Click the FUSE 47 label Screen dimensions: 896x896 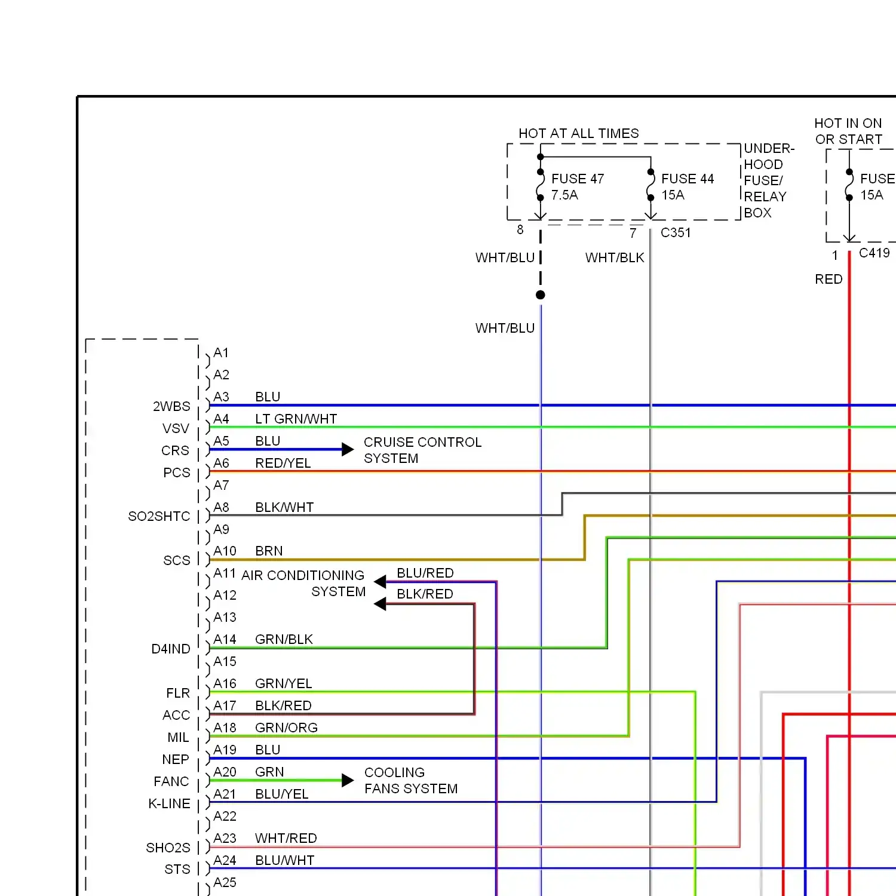pos(578,179)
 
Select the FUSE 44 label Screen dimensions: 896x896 pos(688,179)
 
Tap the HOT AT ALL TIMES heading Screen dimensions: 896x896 pos(579,133)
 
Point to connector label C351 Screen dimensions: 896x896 pos(676,232)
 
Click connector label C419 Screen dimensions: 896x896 pos(874,253)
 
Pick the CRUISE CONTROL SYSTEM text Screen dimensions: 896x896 pos(423,450)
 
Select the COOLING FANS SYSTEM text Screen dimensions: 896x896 pos(411,780)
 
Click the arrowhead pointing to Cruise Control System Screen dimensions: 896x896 pos(348,449)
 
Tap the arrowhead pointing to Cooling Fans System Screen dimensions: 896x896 pos(348,780)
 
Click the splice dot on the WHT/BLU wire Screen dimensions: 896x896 pos(541,294)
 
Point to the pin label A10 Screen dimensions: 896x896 pos(225,551)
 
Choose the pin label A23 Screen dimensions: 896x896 pos(225,838)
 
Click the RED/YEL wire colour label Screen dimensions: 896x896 pos(283,463)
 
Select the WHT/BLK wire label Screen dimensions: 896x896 pos(615,257)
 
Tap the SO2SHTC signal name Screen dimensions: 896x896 pos(159,516)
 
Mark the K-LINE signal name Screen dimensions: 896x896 pos(169,803)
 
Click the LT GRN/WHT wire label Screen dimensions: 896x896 pos(296,419)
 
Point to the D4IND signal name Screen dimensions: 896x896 pos(171,649)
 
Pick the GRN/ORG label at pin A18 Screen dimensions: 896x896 pos(286,728)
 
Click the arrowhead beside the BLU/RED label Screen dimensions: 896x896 pos(380,581)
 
